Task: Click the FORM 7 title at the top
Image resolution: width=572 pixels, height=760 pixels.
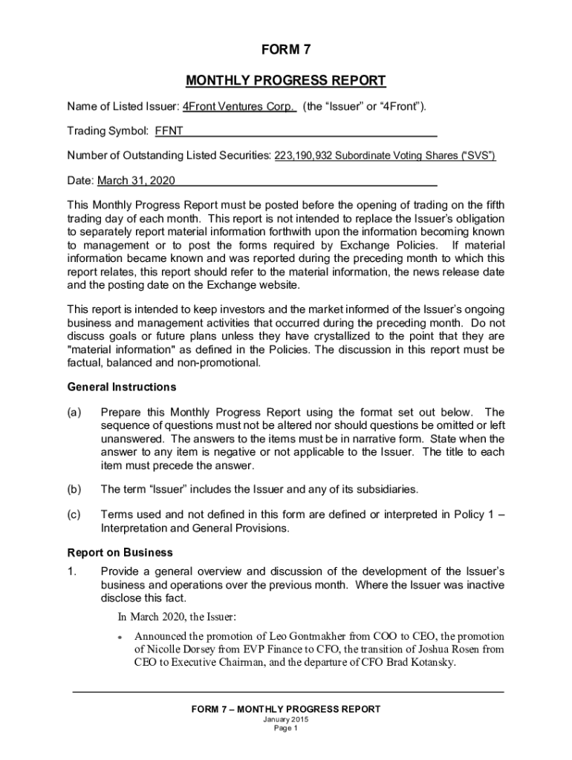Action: [x=286, y=50]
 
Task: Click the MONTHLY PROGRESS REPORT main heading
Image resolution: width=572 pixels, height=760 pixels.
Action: [x=286, y=80]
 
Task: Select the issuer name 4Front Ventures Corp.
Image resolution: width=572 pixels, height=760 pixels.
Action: [x=240, y=107]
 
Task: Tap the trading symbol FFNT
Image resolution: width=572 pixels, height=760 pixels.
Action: [x=169, y=132]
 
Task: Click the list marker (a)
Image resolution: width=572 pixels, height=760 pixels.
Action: [x=74, y=412]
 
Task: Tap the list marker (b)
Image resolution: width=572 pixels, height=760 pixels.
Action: [x=74, y=489]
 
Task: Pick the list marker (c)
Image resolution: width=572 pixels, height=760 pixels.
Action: [x=74, y=514]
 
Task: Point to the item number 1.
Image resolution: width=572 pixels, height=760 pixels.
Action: [x=72, y=571]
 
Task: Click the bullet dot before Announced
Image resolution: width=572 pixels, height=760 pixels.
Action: [x=120, y=637]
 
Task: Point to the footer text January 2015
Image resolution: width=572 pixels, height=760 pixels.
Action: [x=286, y=721]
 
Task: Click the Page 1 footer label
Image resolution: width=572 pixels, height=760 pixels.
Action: [x=286, y=729]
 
